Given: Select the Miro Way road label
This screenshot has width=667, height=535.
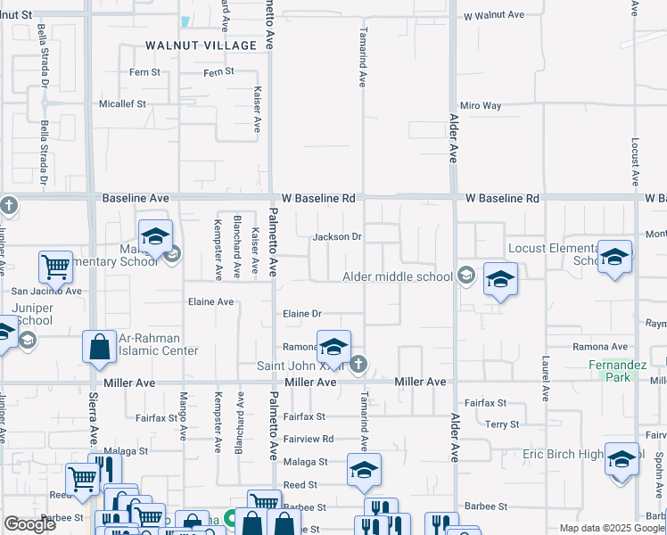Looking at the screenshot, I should pos(481,105).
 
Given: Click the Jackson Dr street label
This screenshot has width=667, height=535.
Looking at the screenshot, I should pos(336,237).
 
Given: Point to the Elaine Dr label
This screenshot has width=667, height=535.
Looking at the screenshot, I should pos(301,314).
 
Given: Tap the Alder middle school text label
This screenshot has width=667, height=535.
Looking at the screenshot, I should pos(398,276).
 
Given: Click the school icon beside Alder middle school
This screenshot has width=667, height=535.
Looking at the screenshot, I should pos(500,279).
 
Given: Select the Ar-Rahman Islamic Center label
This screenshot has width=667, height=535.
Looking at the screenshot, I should pos(161,344).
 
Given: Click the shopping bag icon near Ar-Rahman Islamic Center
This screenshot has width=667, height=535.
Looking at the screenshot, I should pos(100,348).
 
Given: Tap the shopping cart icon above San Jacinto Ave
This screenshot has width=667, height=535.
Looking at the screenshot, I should pos(55,266).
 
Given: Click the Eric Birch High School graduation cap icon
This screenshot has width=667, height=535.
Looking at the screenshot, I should pos(622,459).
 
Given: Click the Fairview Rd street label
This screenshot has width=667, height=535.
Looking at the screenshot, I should pos(308,439).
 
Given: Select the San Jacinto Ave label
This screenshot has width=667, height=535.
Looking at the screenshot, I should pos(45,291).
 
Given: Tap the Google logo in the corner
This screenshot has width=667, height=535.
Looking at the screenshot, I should pos(29,524).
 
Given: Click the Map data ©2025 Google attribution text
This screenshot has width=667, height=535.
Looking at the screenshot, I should pos(611,528).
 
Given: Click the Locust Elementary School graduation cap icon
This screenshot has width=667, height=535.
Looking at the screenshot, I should pos(614,258).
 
